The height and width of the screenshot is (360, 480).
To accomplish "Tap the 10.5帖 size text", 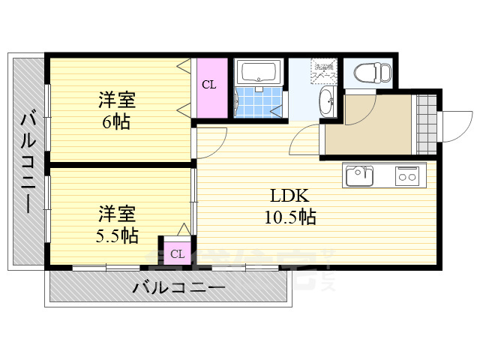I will pyautogui.click(x=289, y=217).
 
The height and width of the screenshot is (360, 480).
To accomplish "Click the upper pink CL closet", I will pyautogui.click(x=209, y=85).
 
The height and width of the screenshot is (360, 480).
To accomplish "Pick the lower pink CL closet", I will pyautogui.click(x=177, y=253).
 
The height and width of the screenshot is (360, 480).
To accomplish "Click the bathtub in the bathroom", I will pyautogui.click(x=258, y=73).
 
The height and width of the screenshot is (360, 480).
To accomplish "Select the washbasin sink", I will pyautogui.click(x=328, y=101).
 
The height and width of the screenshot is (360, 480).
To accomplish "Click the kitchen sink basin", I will pyautogui.click(x=358, y=177).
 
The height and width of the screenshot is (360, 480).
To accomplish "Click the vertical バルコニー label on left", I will pyautogui.click(x=28, y=161).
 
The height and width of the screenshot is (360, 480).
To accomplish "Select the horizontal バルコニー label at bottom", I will pyautogui.click(x=179, y=287).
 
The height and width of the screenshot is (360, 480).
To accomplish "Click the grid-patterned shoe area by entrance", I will pyautogui.click(x=426, y=124).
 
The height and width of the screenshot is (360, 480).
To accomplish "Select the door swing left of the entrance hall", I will pyautogui.click(x=306, y=139).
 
